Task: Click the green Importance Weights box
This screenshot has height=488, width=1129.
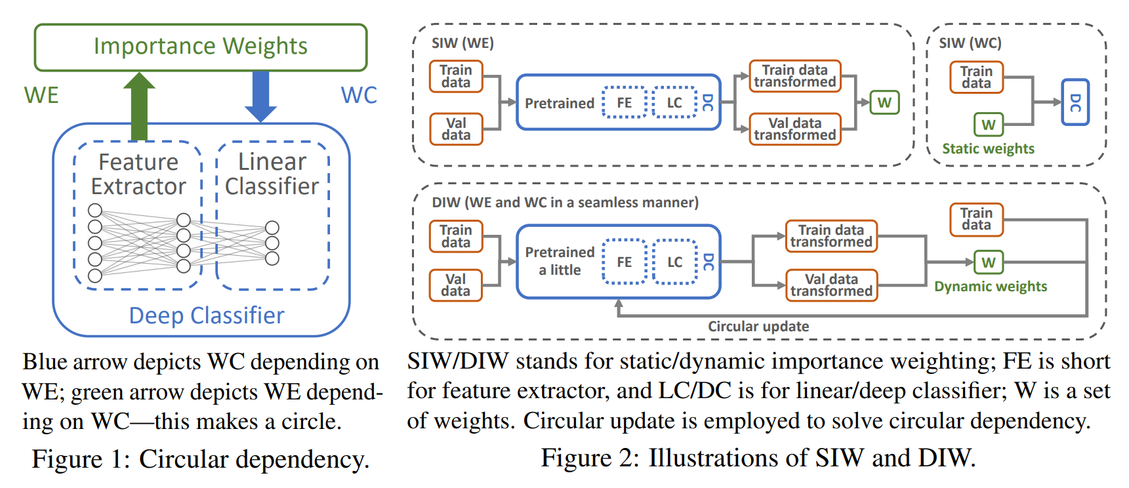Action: (x=200, y=47)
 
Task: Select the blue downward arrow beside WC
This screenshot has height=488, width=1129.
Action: (x=260, y=96)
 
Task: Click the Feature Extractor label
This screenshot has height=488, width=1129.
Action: (x=138, y=174)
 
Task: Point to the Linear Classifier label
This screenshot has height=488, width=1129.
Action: (x=272, y=174)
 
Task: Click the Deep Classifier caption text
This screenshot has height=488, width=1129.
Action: (x=207, y=315)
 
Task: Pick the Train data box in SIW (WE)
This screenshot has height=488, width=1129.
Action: (x=456, y=76)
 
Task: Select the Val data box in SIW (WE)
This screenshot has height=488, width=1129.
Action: (x=456, y=129)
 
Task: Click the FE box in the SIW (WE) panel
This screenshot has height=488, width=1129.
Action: (x=624, y=102)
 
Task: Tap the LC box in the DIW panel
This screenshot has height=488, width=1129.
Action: (x=674, y=262)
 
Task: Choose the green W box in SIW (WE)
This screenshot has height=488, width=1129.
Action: (x=884, y=102)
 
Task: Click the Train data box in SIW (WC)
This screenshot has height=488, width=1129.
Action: (x=976, y=77)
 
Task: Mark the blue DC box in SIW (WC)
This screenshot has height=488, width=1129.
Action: (x=1075, y=102)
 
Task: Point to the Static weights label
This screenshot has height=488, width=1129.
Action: (x=988, y=149)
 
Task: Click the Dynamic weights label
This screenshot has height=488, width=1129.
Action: (x=991, y=287)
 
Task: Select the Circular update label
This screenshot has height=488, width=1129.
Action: (x=758, y=327)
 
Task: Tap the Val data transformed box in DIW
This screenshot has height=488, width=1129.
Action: (x=831, y=285)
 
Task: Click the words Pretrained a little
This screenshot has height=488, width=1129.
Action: (x=560, y=261)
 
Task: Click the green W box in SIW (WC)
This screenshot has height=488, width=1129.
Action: (x=988, y=125)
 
